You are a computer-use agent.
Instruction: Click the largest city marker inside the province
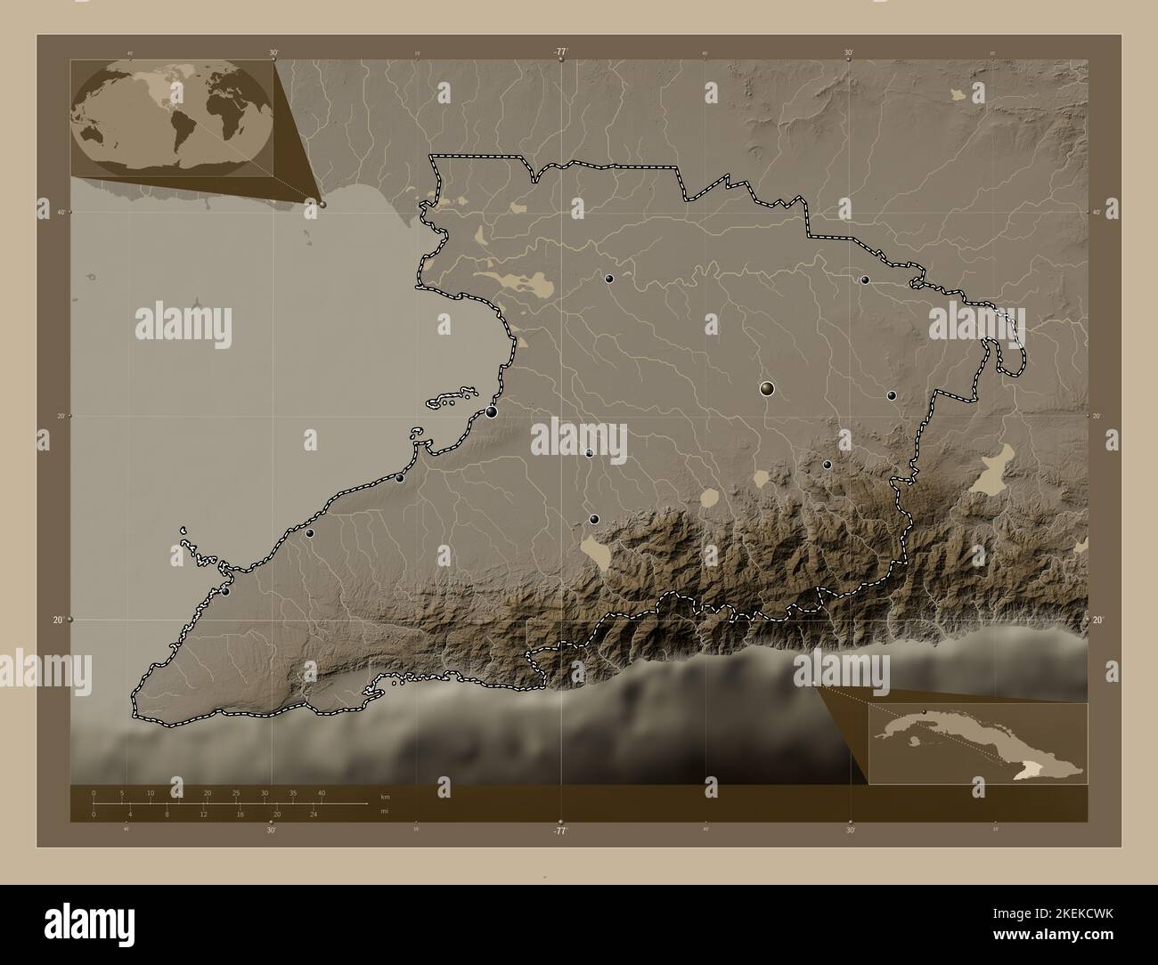click(x=767, y=388)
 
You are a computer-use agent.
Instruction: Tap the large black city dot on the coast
click(x=491, y=411)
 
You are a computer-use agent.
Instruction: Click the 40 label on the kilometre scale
click(x=322, y=792)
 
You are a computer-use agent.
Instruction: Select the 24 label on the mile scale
click(x=314, y=814)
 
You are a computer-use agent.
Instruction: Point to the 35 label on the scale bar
click(x=293, y=792)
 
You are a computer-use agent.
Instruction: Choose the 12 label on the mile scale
click(x=204, y=814)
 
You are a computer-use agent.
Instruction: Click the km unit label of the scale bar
click(x=385, y=796)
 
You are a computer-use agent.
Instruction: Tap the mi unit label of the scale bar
click(x=383, y=811)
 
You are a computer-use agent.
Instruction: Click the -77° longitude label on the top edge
click(x=559, y=52)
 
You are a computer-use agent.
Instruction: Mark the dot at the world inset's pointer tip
click(x=322, y=204)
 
